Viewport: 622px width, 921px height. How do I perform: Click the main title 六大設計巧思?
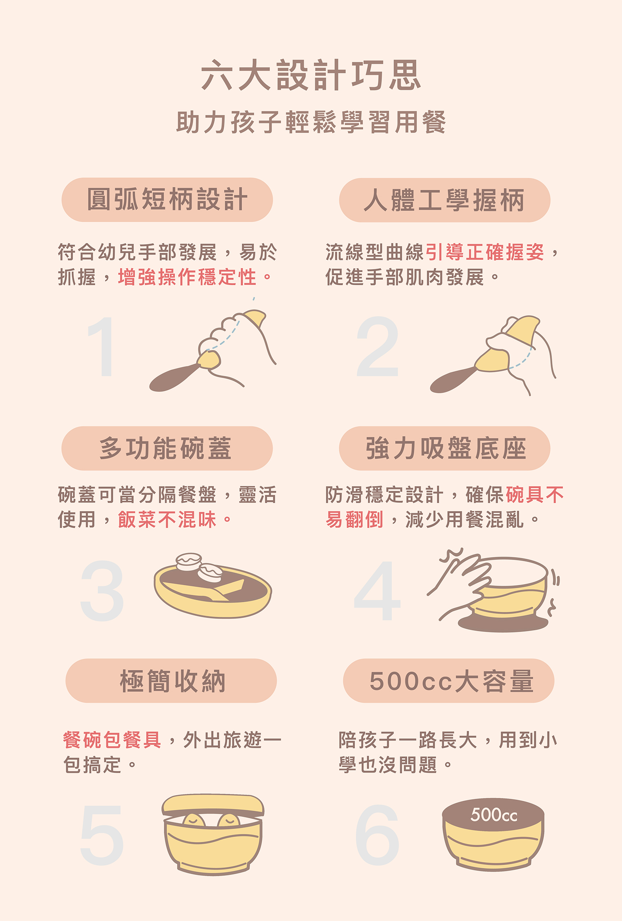[311, 75]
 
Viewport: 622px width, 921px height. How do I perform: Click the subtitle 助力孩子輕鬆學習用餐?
[311, 122]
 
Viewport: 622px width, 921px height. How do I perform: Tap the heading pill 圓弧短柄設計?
[167, 200]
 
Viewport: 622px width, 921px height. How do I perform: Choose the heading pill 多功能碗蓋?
[167, 448]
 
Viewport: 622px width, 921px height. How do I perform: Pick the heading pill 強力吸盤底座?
[445, 448]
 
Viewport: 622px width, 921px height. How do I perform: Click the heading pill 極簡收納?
[171, 681]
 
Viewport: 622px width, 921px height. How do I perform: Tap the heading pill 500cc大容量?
[449, 681]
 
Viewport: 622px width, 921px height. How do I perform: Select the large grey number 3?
[102, 591]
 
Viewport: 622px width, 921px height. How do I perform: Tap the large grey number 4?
[377, 591]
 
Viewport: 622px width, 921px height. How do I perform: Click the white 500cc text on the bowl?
[493, 815]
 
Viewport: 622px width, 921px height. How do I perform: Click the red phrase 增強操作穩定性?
[187, 277]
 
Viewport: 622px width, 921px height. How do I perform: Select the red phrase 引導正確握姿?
[484, 252]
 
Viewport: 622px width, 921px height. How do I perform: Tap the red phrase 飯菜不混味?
[167, 519]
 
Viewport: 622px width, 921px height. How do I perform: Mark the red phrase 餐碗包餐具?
[112, 740]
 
